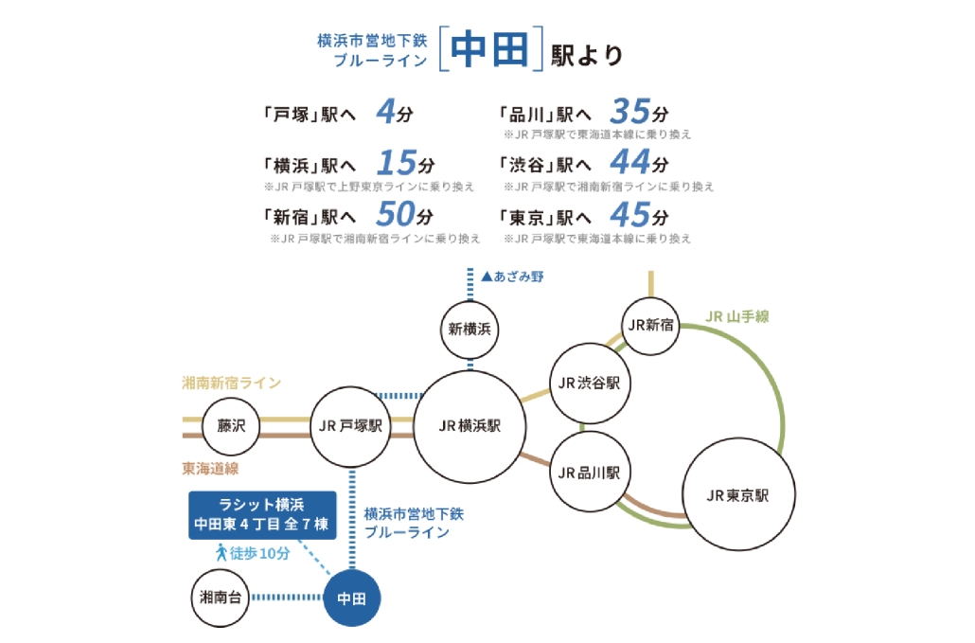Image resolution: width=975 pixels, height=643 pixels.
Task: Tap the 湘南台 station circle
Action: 220,597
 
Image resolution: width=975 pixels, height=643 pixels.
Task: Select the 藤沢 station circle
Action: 231,426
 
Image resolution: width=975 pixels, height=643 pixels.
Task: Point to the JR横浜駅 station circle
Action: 470,426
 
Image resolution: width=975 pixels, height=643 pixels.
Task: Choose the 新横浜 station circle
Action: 470,330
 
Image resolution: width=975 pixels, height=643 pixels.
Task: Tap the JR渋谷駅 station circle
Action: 589,383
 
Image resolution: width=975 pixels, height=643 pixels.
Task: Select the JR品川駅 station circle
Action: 589,472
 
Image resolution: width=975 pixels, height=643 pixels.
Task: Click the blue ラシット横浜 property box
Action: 261,513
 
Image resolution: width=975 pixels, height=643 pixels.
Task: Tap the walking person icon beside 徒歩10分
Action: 221,552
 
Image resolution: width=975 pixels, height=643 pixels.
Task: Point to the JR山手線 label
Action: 740,315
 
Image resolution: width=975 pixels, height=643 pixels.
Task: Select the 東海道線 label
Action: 210,468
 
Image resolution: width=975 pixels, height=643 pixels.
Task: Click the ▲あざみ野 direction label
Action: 512,277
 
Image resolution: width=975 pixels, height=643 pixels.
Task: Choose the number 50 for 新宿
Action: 396,212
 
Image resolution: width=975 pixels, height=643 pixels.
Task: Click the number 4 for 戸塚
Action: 385,113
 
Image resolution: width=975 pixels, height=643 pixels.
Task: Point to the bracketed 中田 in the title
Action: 488,51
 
